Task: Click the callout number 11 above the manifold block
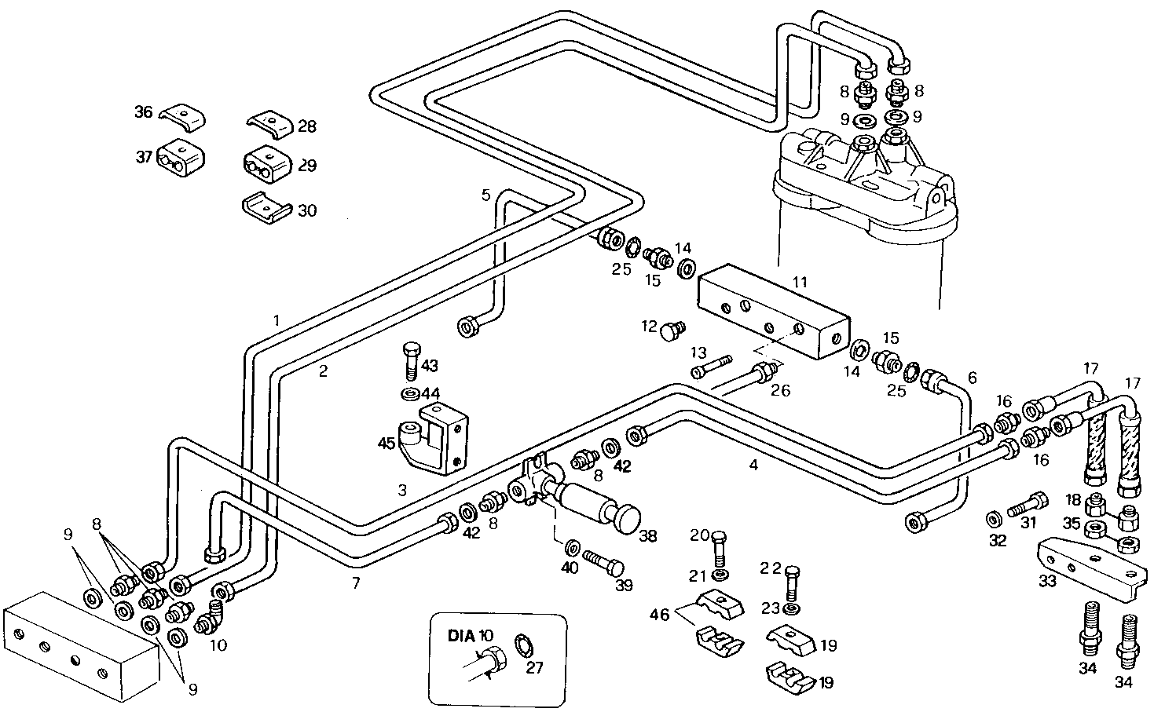pyautogui.click(x=800, y=282)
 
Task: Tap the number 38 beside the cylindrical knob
pyautogui.click(x=647, y=537)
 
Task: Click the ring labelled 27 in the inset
pyautogui.click(x=522, y=645)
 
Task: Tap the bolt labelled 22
pyautogui.click(x=792, y=582)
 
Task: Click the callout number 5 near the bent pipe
pyautogui.click(x=486, y=194)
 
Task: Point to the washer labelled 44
pyautogui.click(x=409, y=392)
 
